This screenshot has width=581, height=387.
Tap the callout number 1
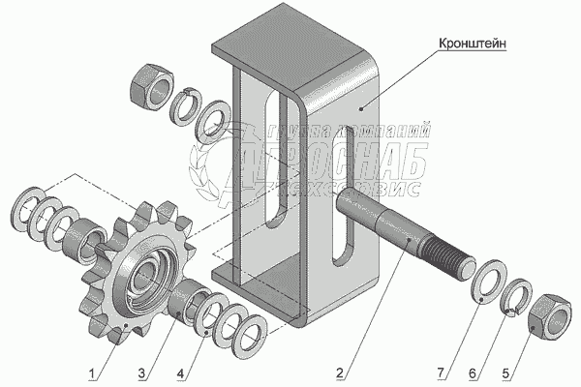[92, 372]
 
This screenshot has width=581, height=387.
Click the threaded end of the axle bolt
[448, 256]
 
